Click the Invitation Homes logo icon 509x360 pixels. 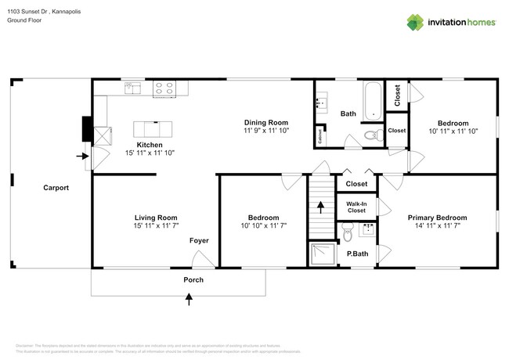(x=415, y=22)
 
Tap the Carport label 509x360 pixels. (x=56, y=188)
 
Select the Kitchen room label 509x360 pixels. (x=150, y=145)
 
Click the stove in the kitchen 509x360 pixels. (x=164, y=88)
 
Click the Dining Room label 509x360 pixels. (x=266, y=123)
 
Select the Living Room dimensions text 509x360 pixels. (x=157, y=226)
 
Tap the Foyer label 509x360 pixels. (x=199, y=240)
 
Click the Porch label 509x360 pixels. (x=193, y=279)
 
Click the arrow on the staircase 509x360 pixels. (x=319, y=207)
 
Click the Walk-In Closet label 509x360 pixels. (x=356, y=207)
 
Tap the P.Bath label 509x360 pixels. (x=357, y=254)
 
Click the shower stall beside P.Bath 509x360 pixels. (x=321, y=254)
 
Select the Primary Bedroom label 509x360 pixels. (x=437, y=218)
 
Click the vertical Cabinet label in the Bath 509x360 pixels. (x=320, y=136)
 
